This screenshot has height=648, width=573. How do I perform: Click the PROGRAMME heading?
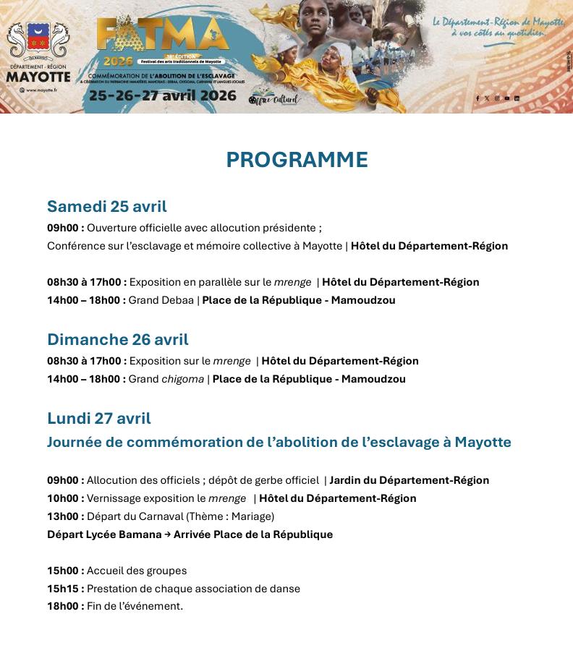297,160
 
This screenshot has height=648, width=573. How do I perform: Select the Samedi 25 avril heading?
107,207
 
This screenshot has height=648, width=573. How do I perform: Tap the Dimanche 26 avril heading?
118,339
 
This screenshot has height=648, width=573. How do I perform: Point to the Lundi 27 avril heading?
99,418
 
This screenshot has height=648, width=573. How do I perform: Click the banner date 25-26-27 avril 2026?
162,95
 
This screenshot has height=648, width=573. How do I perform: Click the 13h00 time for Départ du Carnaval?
65,516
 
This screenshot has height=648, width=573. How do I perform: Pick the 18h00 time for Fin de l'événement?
65,606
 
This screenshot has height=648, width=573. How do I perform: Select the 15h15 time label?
65,589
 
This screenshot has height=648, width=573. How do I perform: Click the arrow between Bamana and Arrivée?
167,534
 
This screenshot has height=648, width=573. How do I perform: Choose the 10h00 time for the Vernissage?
65,498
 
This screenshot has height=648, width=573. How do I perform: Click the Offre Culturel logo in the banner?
274,99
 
